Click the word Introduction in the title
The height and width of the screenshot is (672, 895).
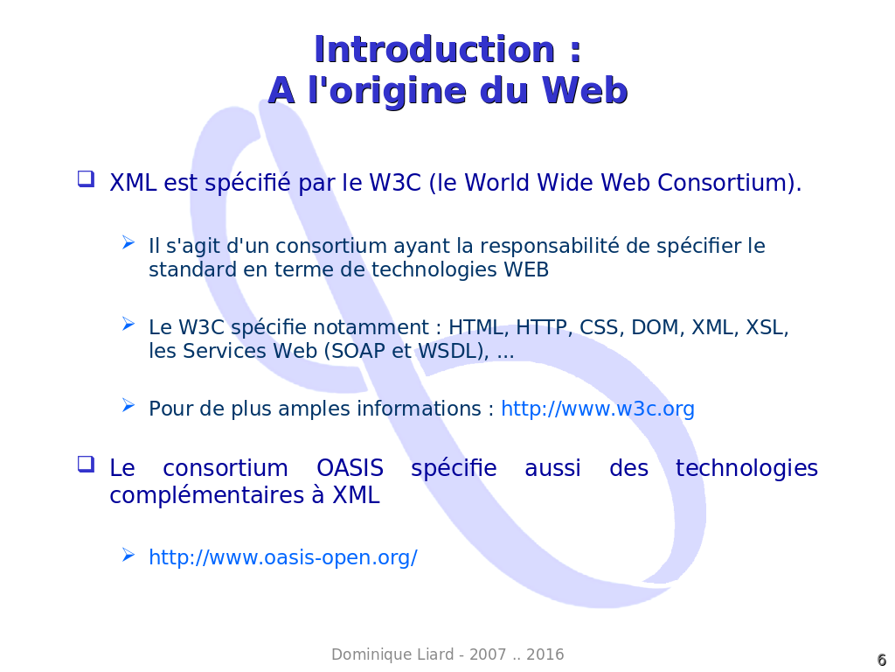click(434, 49)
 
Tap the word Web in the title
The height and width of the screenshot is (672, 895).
click(585, 90)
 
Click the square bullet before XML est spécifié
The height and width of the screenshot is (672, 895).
click(86, 178)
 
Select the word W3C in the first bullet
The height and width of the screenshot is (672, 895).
click(394, 182)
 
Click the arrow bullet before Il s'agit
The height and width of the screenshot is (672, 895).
click(128, 243)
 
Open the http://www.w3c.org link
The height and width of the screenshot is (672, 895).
click(598, 409)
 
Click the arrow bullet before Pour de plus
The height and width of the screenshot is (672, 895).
click(128, 406)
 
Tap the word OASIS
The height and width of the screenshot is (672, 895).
click(350, 468)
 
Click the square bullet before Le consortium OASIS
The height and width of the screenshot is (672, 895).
click(86, 464)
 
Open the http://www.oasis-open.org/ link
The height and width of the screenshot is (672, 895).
click(283, 557)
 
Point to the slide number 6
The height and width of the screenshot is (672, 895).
click(881, 660)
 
